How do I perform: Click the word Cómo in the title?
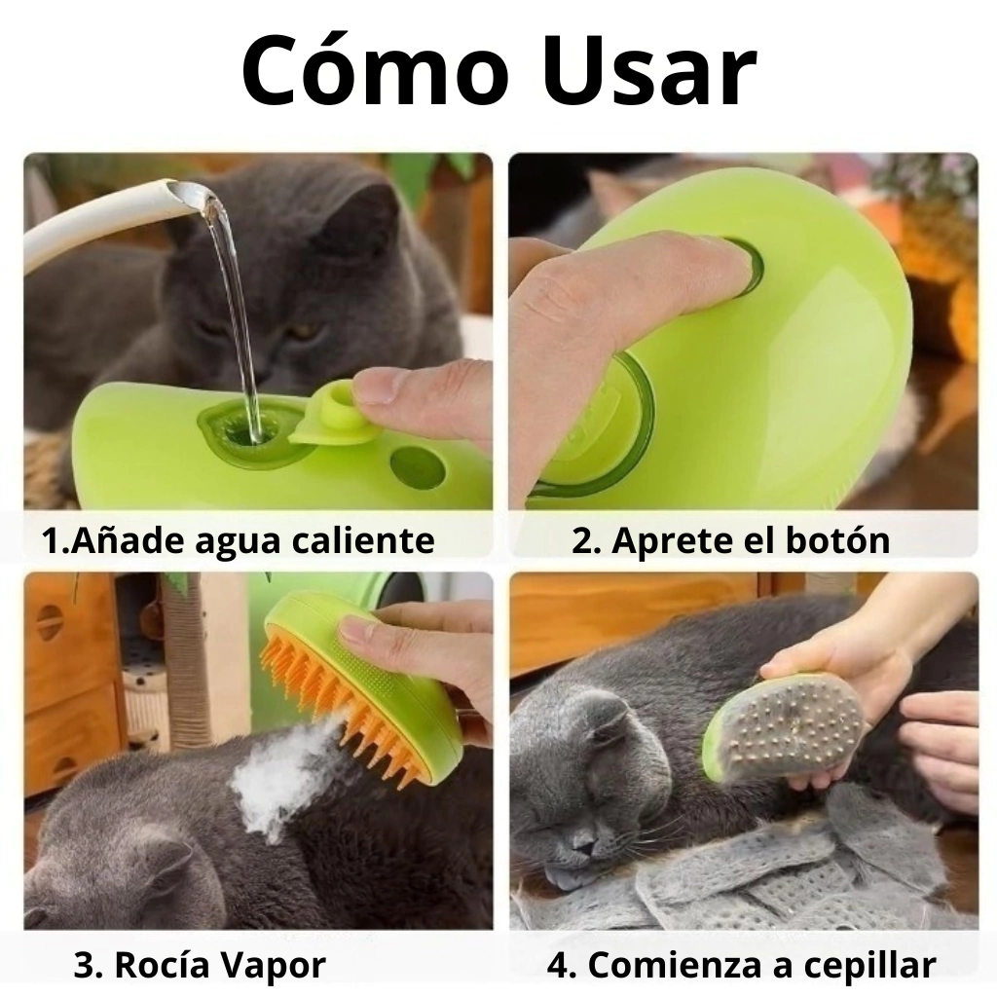(376, 69)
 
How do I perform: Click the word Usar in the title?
(648, 70)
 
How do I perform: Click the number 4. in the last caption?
(562, 965)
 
